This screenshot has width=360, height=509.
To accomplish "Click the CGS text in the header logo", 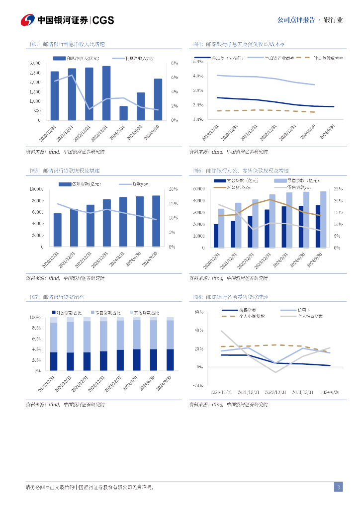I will click(103, 20).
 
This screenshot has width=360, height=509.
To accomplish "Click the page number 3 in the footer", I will click(338, 487).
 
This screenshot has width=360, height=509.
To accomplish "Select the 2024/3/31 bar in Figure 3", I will click(123, 113).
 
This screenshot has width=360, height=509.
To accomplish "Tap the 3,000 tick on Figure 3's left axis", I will click(35, 63).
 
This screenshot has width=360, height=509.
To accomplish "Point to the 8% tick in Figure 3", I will click(174, 63).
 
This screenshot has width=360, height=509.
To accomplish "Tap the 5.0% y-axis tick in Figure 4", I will click(197, 62).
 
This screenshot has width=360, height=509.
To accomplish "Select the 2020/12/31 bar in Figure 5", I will click(58, 230).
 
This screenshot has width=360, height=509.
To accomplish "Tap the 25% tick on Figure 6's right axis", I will click(337, 189).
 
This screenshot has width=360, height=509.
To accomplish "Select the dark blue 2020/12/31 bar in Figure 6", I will click(216, 236).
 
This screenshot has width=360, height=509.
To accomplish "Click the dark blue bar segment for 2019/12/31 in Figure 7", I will click(54, 361).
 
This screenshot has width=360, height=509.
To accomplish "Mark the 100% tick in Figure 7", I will click(35, 317).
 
